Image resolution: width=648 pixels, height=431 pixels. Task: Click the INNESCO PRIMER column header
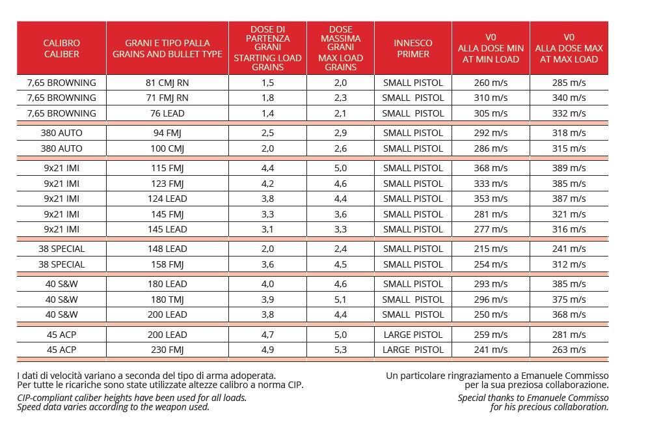coord(413,48)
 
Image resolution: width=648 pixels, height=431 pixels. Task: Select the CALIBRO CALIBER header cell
coord(62,48)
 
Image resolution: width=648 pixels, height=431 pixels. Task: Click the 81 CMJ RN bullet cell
coord(167,83)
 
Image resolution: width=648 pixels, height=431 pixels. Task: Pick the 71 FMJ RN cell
coord(167,98)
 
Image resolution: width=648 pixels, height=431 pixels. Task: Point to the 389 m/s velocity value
coord(569,168)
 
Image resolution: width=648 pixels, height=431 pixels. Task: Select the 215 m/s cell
coord(491,249)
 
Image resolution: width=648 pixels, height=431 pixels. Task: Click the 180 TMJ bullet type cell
coord(167,299)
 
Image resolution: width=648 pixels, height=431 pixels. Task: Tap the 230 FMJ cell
coord(167,350)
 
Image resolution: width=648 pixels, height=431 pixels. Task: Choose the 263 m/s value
coord(569,350)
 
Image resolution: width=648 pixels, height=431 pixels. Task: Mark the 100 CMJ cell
coord(167,148)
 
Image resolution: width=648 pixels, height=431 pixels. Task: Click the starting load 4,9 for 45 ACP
coord(267,350)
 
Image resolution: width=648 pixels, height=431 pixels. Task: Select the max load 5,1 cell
coord(340,299)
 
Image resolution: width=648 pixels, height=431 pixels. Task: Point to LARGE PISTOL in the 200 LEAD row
coord(413,335)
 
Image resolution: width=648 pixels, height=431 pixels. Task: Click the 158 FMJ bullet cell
coord(167,264)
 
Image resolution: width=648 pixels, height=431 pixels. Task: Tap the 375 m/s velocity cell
coord(569,299)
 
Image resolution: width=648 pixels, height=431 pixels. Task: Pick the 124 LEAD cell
coord(167,199)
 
